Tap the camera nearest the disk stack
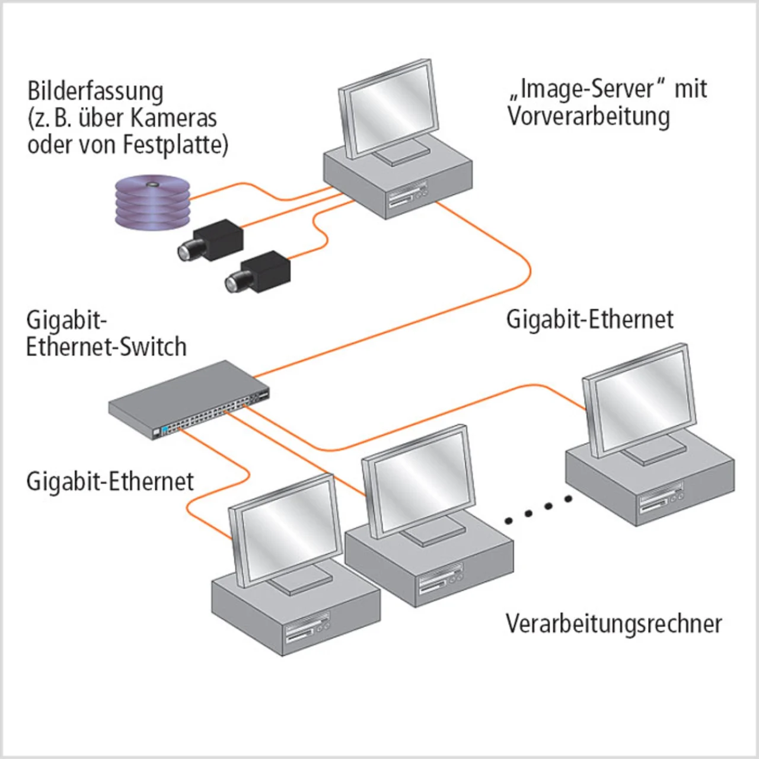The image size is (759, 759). tap(211, 240)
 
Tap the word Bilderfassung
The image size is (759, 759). tap(95, 92)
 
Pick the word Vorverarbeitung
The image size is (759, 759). tap(588, 116)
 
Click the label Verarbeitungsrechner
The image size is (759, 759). tap(614, 624)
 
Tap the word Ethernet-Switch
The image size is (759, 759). tap(106, 347)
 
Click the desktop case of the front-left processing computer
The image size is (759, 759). tap(296, 617)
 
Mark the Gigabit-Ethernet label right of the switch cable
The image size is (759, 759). tap(589, 320)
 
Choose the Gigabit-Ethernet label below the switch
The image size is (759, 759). tap(110, 481)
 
